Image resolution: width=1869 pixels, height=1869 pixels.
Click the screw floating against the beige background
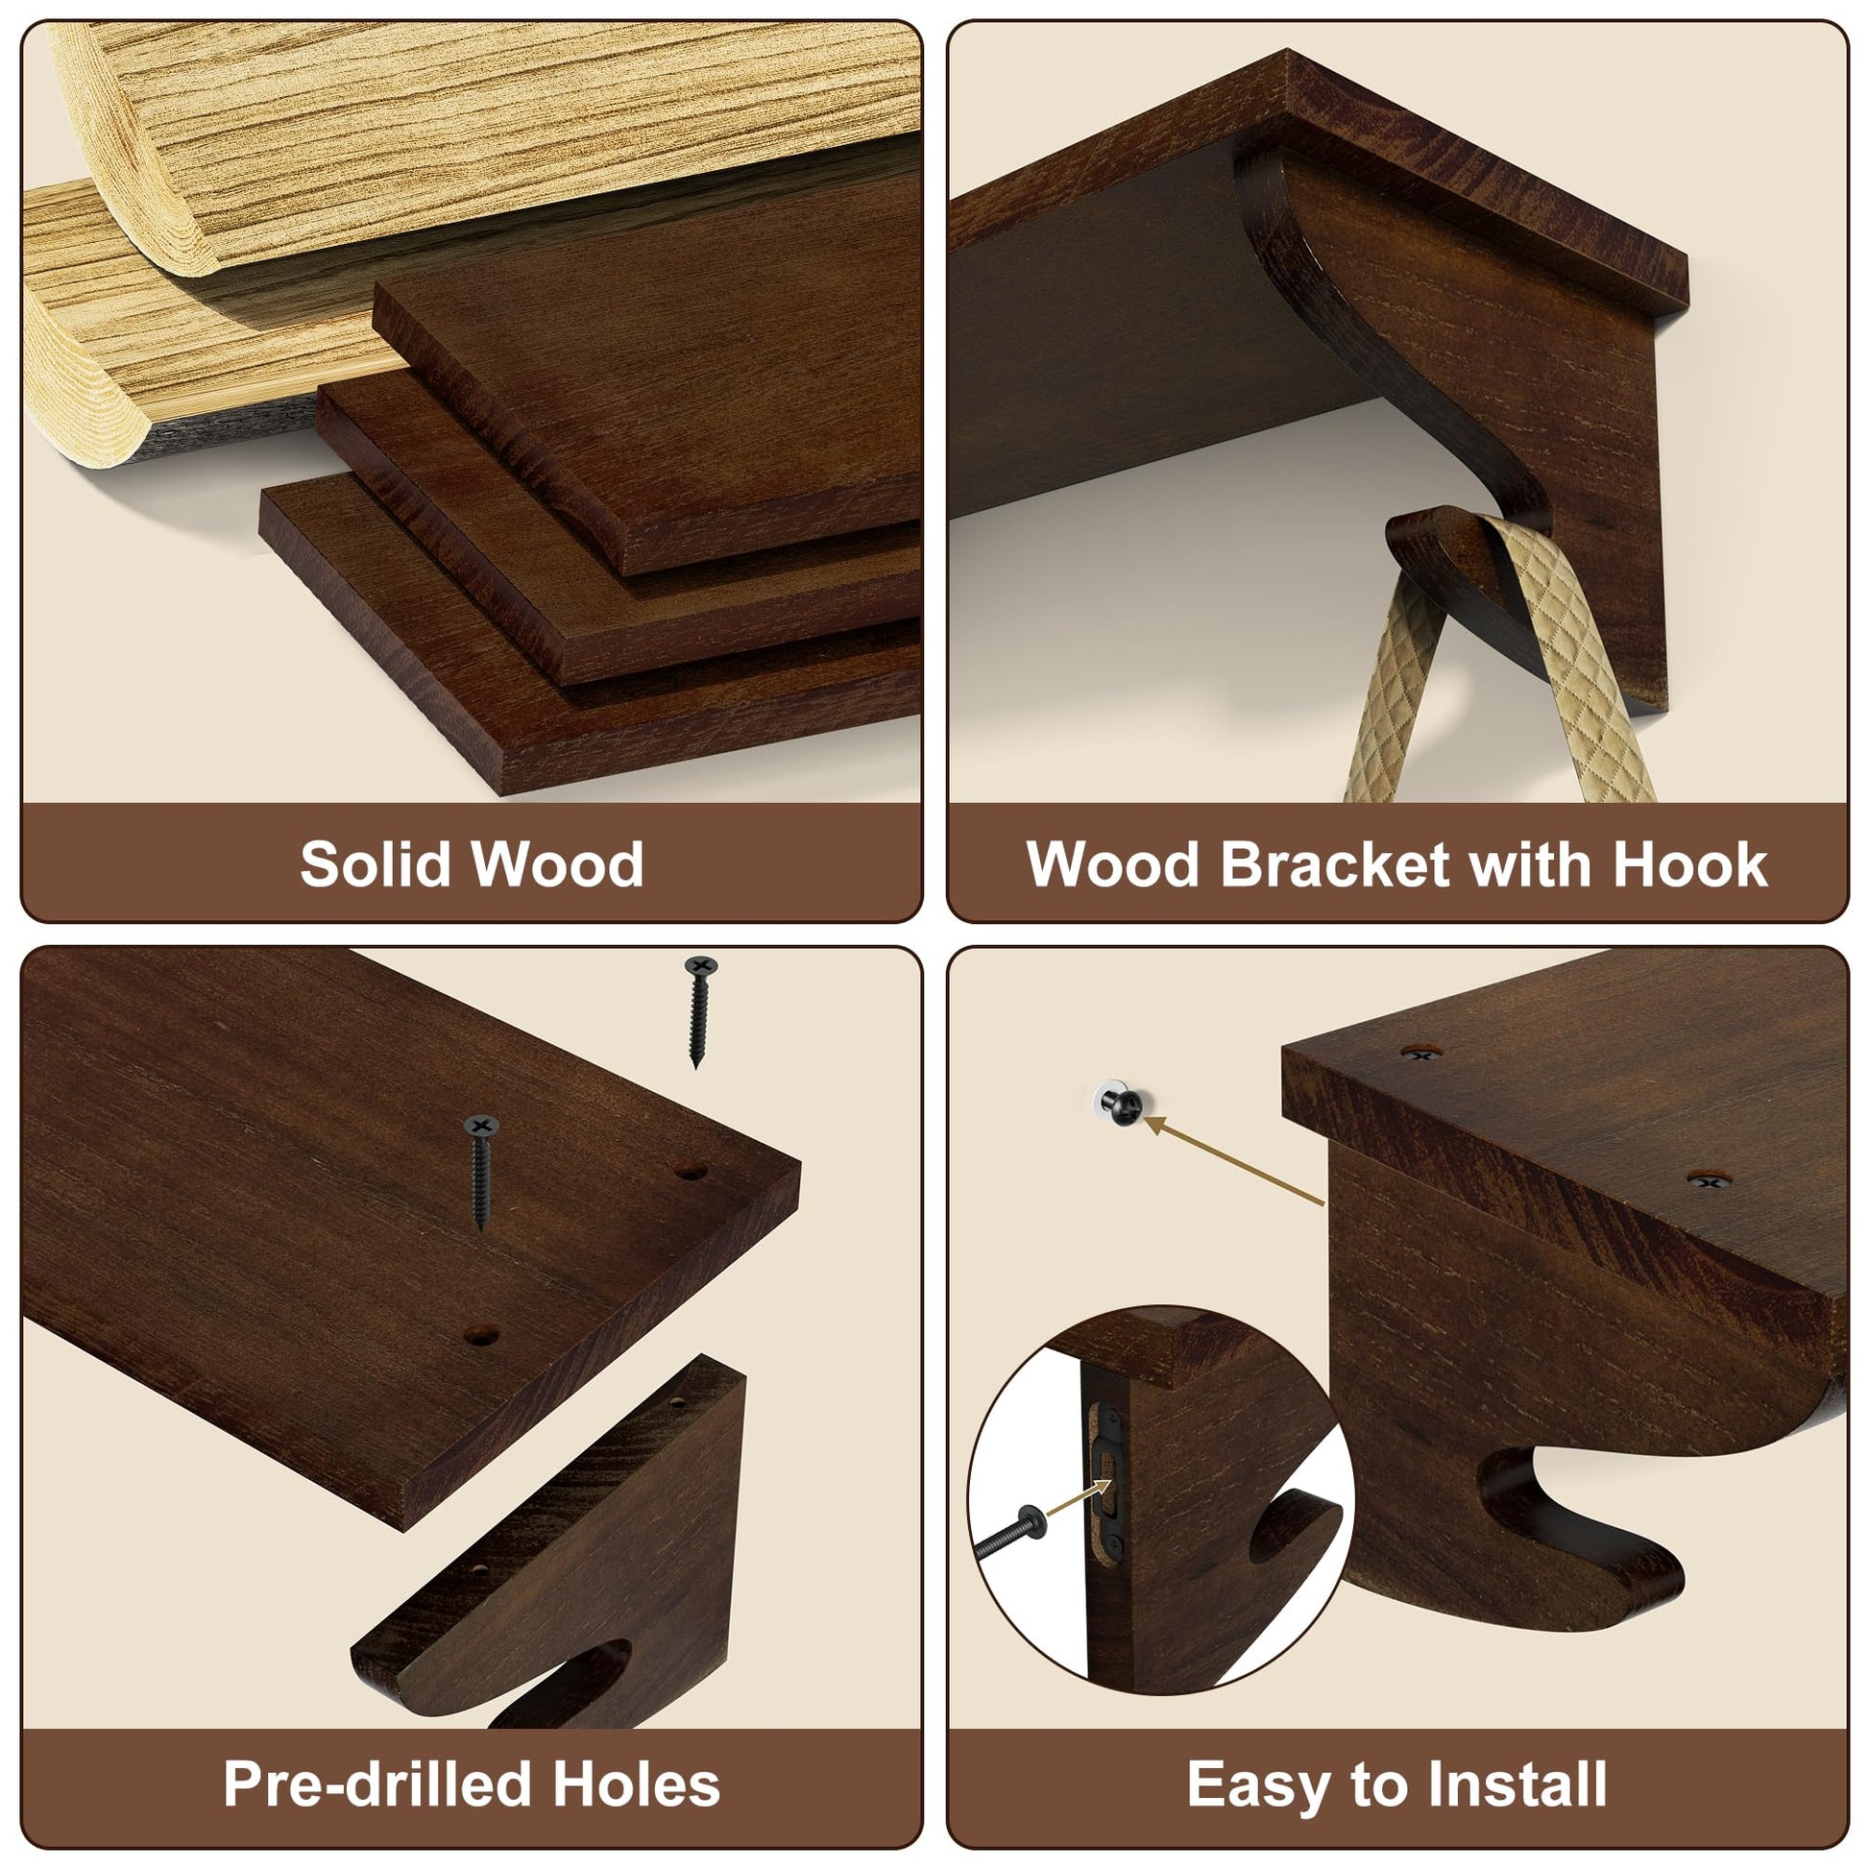click(x=699, y=1011)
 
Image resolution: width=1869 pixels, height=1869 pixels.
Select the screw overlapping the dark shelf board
click(x=481, y=1172)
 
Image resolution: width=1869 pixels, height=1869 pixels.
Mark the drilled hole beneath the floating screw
click(x=690, y=1171)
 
